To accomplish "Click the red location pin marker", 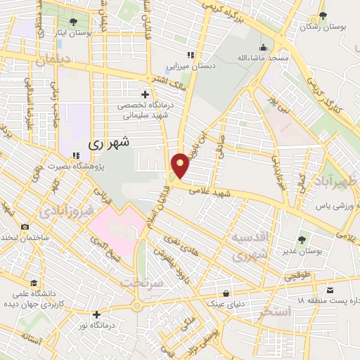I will pyautogui.click(x=181, y=165).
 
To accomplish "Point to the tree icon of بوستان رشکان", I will pyautogui.click(x=323, y=15).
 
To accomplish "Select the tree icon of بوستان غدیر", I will pyautogui.click(x=303, y=240).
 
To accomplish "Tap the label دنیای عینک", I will pyautogui.click(x=225, y=303).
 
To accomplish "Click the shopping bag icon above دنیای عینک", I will pyautogui.click(x=226, y=292).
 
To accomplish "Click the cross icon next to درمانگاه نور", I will pyautogui.click(x=96, y=314).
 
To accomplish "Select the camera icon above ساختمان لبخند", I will pyautogui.click(x=25, y=226).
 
